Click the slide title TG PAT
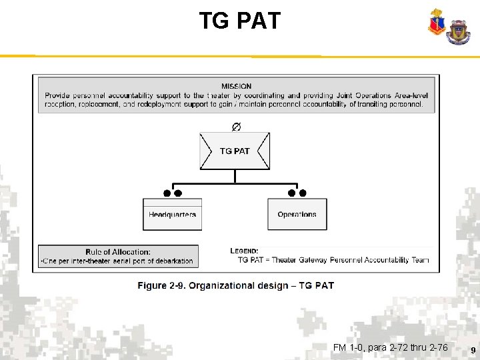click(240, 21)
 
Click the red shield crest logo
click(437, 24)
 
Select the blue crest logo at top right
click(458, 31)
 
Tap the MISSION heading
click(237, 86)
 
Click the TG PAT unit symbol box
click(235, 151)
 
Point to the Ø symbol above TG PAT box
click(236, 127)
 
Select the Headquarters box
click(172, 215)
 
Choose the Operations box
click(297, 215)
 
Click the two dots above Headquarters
click(173, 193)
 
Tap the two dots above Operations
click(297, 193)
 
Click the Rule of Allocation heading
click(118, 252)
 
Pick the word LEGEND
click(244, 251)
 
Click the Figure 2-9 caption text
click(236, 285)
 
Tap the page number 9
click(473, 350)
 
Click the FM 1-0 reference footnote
click(390, 347)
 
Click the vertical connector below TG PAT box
click(235, 176)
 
